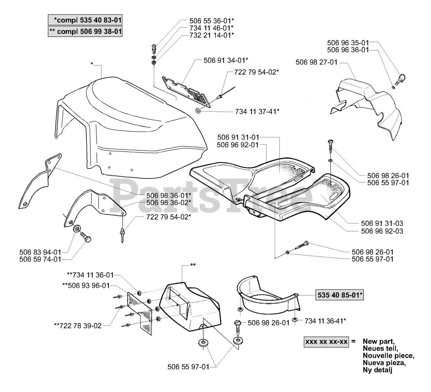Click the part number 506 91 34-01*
[226, 61]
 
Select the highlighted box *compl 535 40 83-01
[85, 20]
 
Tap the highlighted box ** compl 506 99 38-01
[85, 32]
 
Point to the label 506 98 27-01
[317, 62]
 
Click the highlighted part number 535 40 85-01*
[339, 295]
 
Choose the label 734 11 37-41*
[257, 112]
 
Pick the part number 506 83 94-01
[40, 252]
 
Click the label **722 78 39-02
[78, 326]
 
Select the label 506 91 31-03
[382, 223]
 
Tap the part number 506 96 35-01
[348, 43]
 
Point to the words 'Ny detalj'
[377, 370]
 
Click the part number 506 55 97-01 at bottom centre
[189, 367]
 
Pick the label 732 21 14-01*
[212, 35]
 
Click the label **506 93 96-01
[86, 285]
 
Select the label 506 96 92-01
[238, 145]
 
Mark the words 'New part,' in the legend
[379, 341]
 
